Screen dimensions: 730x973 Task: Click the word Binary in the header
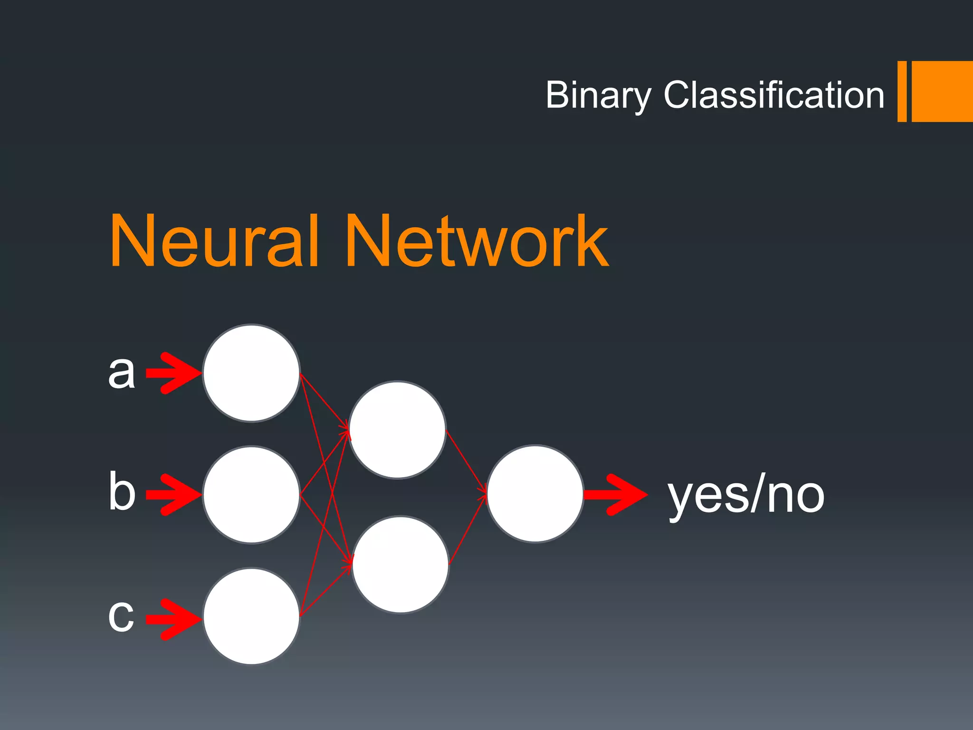pyautogui.click(x=598, y=96)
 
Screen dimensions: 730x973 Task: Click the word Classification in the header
pyautogui.click(x=774, y=95)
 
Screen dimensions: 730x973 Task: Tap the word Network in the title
pyautogui.click(x=477, y=241)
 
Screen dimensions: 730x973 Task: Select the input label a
pyautogui.click(x=122, y=372)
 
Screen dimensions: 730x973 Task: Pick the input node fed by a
pyautogui.click(x=251, y=373)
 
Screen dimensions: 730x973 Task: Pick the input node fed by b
pyautogui.click(x=251, y=495)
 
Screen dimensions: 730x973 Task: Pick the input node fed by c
pyautogui.click(x=251, y=616)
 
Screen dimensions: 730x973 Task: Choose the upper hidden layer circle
pyautogui.click(x=397, y=430)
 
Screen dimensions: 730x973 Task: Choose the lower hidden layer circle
pyautogui.click(x=401, y=565)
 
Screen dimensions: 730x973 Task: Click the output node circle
pyautogui.click(x=535, y=494)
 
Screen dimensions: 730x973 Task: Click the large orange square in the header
pyautogui.click(x=942, y=91)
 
